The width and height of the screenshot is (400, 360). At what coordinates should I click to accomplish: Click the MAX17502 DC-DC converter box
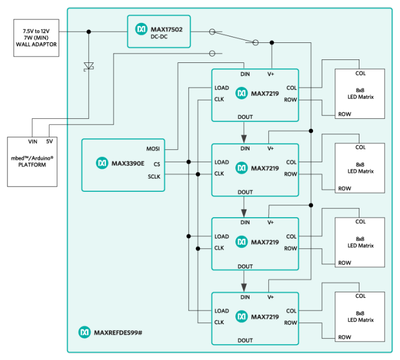[x=159, y=32]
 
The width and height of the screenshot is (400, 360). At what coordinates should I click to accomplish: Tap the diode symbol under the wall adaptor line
[x=89, y=66]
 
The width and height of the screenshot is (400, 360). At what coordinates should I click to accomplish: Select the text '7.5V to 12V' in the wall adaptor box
[x=36, y=30]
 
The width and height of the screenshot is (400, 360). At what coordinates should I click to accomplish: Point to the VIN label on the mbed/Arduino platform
[x=32, y=142]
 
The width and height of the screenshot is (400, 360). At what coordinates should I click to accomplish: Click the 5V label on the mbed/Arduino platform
[x=49, y=142]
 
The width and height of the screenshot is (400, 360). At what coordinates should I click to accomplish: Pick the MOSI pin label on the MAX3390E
[x=152, y=149]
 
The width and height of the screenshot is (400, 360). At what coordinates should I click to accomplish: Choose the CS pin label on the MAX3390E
[x=156, y=164]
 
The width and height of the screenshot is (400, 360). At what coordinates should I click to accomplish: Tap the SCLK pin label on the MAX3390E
[x=154, y=176]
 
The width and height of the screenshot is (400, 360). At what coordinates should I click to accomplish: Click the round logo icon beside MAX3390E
[x=102, y=162]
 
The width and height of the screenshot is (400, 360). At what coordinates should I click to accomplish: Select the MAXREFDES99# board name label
[x=118, y=333]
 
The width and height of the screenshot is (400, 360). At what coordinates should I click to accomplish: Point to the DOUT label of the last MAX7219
[x=245, y=340]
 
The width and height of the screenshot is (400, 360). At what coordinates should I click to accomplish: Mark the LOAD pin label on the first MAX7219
[x=222, y=88]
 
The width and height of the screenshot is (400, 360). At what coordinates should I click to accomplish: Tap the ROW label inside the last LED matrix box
[x=345, y=337]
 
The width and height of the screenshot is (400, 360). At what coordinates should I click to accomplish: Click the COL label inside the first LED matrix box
[x=360, y=74]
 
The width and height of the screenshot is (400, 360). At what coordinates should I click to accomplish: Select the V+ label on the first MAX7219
[x=271, y=74]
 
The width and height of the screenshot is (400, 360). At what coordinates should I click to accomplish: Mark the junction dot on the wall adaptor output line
[x=89, y=32]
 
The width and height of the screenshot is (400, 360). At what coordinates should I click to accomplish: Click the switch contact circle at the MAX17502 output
[x=211, y=32]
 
